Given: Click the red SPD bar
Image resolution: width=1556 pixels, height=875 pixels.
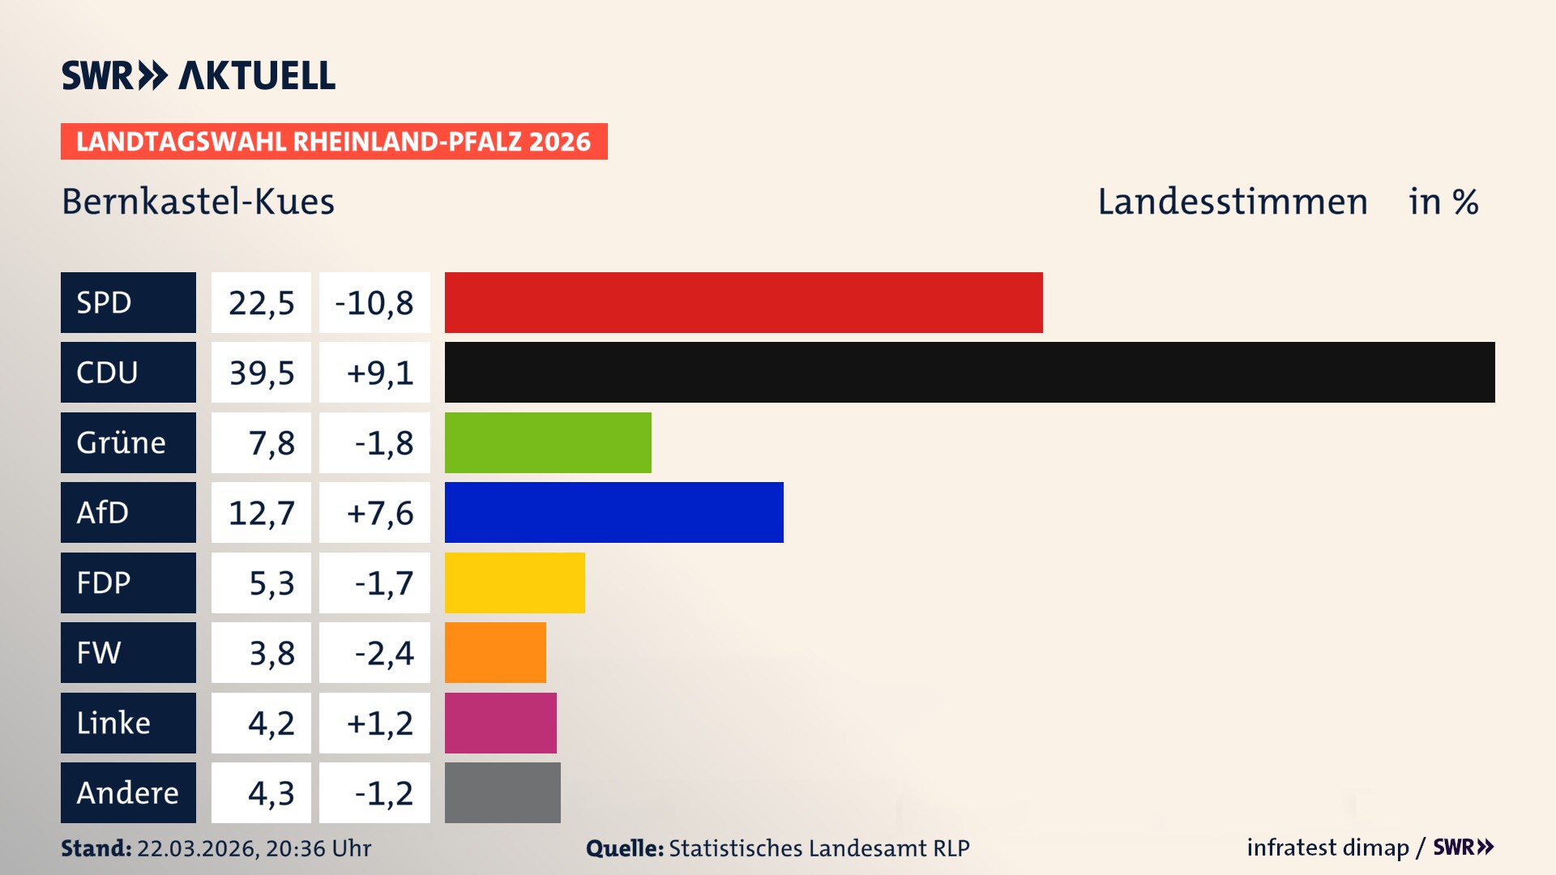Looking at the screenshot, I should [x=743, y=302].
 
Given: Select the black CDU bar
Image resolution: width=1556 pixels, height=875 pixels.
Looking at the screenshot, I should [x=969, y=372].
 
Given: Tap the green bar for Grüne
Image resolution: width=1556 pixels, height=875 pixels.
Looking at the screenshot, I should [x=548, y=442].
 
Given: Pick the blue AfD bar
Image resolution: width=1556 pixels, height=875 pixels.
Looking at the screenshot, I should [x=613, y=512].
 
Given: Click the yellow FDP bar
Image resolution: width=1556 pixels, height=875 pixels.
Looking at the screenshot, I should [x=515, y=583].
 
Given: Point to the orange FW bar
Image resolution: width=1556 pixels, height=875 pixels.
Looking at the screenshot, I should [x=495, y=652].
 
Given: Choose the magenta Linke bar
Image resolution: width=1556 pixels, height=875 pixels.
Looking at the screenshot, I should [x=500, y=723].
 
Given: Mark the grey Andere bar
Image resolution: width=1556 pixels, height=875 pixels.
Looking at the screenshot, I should [x=502, y=792].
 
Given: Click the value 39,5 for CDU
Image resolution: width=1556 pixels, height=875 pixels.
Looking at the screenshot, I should [x=261, y=373].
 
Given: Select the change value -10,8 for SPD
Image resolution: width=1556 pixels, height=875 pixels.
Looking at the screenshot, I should [x=374, y=303].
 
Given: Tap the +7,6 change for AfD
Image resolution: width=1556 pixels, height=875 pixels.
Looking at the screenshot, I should [x=379, y=513].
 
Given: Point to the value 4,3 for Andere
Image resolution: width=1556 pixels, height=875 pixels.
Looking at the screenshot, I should [x=271, y=793].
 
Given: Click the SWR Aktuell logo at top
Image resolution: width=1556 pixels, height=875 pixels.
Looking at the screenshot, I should [x=198, y=75].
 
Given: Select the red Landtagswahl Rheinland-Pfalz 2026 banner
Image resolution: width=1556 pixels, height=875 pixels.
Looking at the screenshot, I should [x=333, y=142].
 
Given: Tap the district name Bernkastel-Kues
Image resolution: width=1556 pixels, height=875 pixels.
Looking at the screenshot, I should [x=198, y=202].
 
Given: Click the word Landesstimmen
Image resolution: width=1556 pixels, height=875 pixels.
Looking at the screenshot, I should [x=1232, y=202].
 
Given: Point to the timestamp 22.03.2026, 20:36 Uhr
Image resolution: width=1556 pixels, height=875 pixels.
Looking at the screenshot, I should [x=254, y=848].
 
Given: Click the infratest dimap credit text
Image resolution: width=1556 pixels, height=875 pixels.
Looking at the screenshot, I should [x=1327, y=847].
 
